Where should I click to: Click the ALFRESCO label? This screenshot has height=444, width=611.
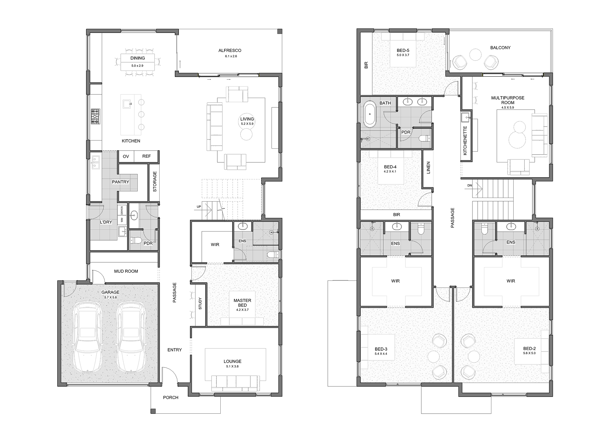coord(230,50)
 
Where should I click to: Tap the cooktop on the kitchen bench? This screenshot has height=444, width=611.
coord(96,117)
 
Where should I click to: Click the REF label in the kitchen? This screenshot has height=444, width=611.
coord(146,156)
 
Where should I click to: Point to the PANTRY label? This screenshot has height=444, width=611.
coord(120,182)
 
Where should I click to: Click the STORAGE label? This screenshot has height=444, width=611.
coord(155,182)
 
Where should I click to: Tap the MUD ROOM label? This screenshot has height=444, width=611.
coord(126,271)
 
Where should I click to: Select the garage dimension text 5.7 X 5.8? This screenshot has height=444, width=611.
coord(110,297)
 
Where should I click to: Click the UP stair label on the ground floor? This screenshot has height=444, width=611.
coord(199,206)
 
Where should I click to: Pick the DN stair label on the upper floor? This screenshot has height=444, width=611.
coord(470,185)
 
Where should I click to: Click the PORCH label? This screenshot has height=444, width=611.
coord(171,397)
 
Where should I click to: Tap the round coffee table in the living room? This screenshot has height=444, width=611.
coord(246,134)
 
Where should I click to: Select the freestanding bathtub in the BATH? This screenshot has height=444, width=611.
coord(370,114)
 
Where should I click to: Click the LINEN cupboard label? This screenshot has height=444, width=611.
coord(428,168)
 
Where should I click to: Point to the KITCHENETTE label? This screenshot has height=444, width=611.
coord(465,140)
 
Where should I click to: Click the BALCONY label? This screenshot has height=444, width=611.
coord(500,48)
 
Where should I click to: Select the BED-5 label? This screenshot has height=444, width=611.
coord(403,50)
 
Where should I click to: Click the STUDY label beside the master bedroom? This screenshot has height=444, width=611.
coord(200,303)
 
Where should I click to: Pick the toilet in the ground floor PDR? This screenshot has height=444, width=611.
coord(136,240)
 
